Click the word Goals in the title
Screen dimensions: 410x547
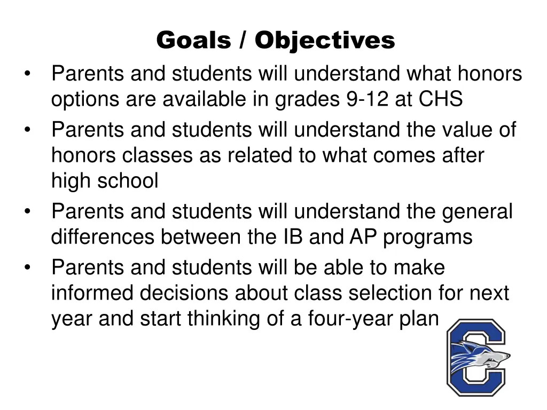click(193, 40)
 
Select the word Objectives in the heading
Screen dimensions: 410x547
click(325, 40)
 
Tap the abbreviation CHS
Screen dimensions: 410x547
click(441, 99)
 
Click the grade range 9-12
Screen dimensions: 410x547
click(365, 99)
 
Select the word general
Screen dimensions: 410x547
click(477, 212)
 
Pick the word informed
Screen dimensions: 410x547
click(93, 293)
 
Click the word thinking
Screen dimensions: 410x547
click(224, 319)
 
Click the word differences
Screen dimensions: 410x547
click(103, 237)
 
